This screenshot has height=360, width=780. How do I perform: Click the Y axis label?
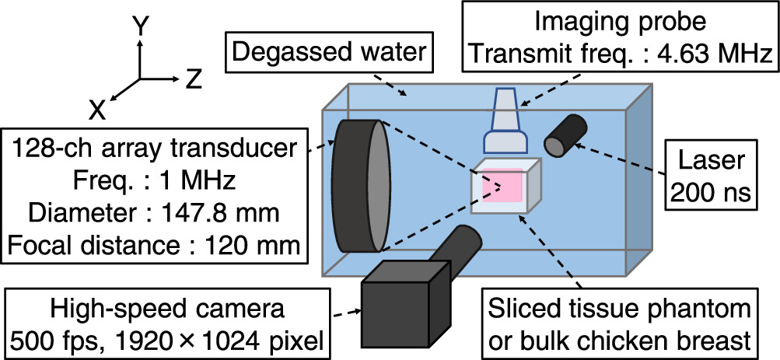[140, 28]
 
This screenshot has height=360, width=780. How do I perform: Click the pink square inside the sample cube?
[502, 186]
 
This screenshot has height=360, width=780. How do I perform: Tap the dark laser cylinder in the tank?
[566, 135]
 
